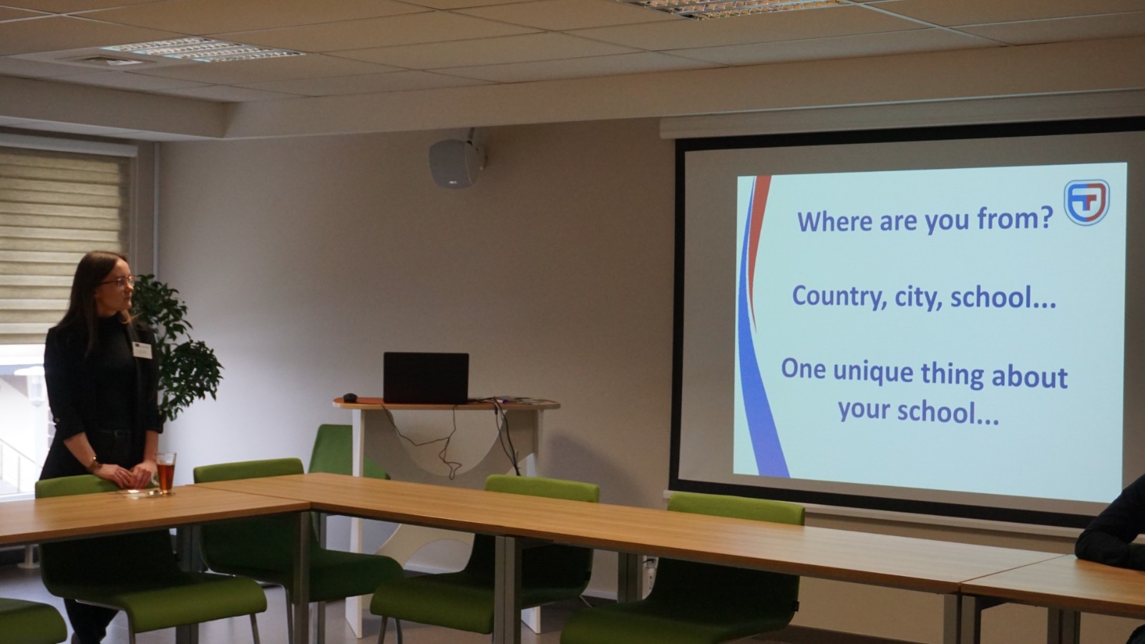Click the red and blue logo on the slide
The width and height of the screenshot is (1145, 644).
coord(1087,202)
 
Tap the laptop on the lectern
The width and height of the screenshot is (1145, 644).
coord(426,378)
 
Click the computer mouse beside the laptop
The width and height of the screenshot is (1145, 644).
coord(350,397)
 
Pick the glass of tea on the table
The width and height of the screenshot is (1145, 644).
coord(165,473)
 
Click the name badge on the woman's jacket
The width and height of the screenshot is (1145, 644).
coord(142,350)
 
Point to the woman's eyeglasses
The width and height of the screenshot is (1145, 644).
coord(120,282)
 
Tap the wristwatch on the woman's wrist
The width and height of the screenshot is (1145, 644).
coord(94,464)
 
